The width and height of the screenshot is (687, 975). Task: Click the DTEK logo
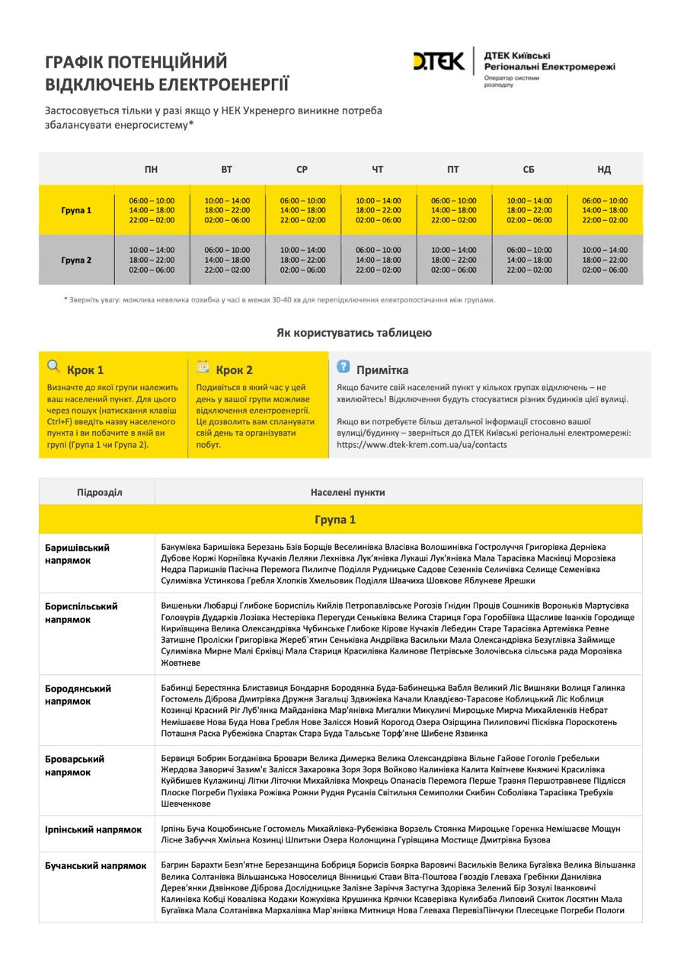438,61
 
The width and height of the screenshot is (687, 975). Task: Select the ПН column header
152,169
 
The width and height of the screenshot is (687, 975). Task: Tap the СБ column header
529,169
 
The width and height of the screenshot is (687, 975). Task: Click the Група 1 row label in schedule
76,210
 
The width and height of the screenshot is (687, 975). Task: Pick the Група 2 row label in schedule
76,260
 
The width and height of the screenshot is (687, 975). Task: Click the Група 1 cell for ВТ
227,210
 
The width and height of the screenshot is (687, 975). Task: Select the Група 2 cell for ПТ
454,260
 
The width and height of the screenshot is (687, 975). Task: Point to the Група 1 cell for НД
605,210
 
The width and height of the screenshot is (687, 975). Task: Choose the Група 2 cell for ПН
152,260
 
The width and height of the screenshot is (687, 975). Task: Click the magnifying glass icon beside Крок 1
53,366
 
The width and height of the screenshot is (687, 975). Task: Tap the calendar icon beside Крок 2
203,366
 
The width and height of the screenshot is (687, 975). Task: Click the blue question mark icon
343,366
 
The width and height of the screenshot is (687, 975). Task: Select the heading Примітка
382,370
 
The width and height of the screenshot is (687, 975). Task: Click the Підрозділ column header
99,492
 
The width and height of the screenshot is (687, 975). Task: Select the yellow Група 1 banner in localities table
335,520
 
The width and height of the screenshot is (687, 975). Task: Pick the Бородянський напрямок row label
78,695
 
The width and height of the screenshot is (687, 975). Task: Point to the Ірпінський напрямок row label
94,829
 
